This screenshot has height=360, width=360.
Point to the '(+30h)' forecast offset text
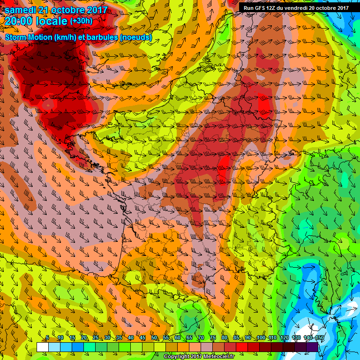(x=81, y=21)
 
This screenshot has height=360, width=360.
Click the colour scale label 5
(x=47, y=338)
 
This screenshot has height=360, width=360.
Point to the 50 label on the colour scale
(x=154, y=338)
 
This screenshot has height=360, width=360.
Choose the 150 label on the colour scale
(x=320, y=338)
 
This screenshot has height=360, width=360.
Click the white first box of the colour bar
(x=43, y=347)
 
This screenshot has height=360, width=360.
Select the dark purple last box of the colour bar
(x=312, y=347)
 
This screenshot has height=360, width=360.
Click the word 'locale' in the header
(x=51, y=22)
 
